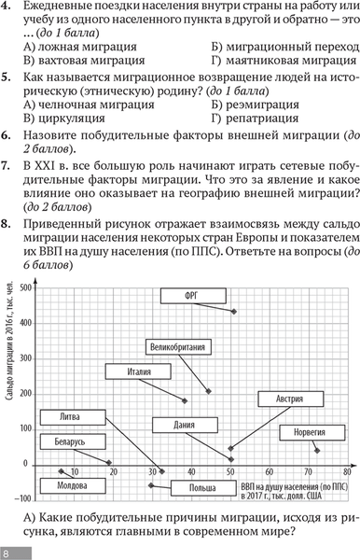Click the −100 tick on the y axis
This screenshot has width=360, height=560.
tap(25, 498)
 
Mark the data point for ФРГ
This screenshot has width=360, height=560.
tap(233, 311)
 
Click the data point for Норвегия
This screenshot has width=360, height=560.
tap(317, 451)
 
